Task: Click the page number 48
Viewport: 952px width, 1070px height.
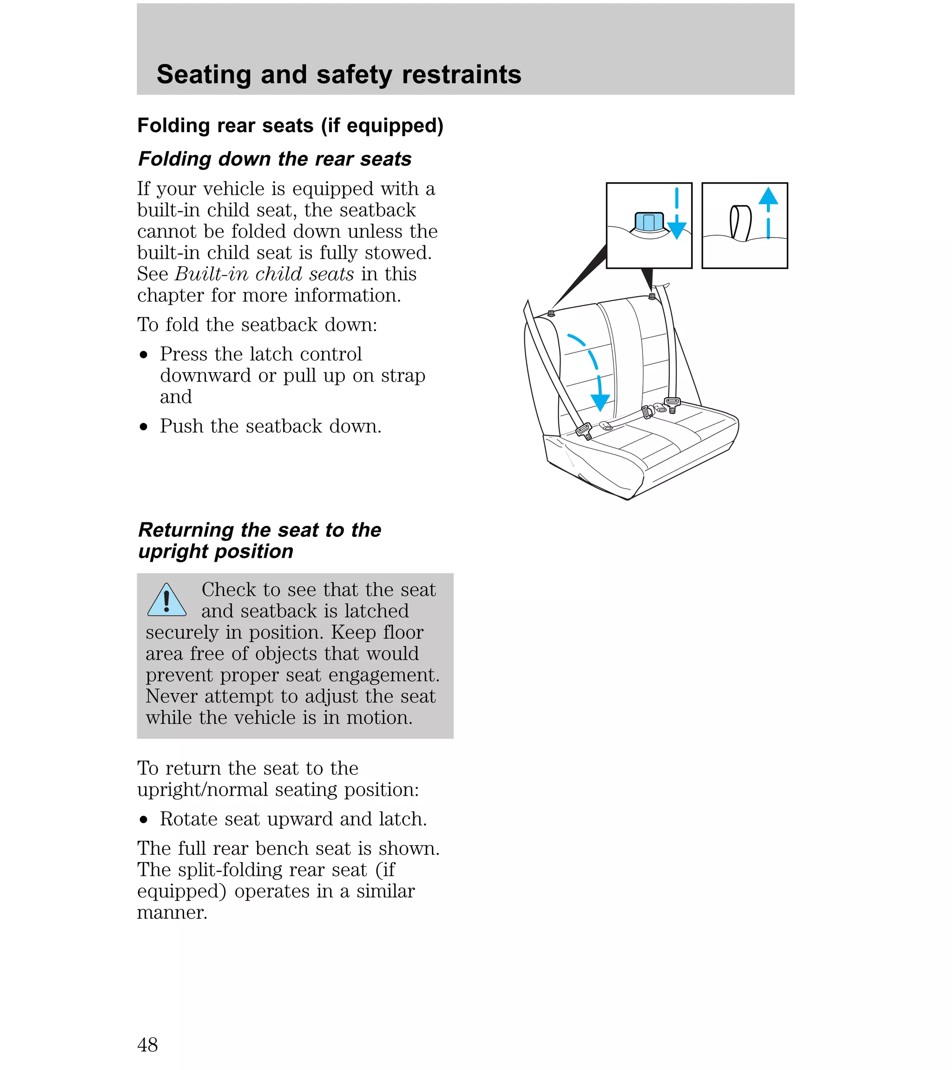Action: pos(147,1044)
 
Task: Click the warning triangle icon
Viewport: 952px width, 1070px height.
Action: pos(166,601)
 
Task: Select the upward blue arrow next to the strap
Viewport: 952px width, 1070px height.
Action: pos(768,212)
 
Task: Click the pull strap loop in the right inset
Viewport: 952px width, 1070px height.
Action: pos(740,223)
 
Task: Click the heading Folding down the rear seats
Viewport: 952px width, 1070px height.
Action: pos(274,159)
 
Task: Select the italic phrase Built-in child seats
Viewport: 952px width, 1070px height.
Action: pos(264,274)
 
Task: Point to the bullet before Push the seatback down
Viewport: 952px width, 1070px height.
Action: pos(144,427)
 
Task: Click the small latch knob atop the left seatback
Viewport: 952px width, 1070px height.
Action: pos(551,313)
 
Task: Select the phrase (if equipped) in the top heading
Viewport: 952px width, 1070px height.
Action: pos(382,125)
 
